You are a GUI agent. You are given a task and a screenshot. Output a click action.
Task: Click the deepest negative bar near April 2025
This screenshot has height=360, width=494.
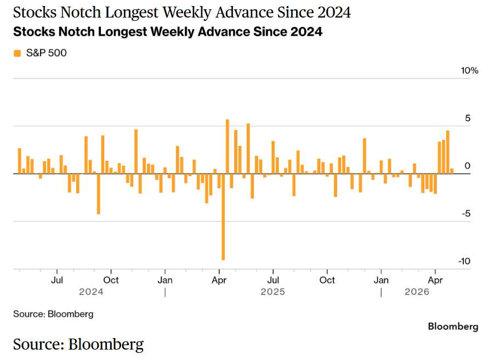pyautogui.click(x=223, y=217)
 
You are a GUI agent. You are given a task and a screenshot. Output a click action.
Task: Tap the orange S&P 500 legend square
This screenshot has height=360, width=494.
pyautogui.click(x=18, y=53)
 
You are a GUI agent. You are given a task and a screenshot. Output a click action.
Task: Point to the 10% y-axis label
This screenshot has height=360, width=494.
pyautogui.click(x=470, y=71)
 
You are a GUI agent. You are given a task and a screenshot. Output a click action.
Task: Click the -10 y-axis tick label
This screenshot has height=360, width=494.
pyautogui.click(x=464, y=261)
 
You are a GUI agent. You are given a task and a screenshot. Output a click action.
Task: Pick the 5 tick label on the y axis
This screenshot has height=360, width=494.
pyautogui.click(x=467, y=118)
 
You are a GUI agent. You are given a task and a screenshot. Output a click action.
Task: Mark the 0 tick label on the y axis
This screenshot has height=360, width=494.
pyautogui.click(x=467, y=166)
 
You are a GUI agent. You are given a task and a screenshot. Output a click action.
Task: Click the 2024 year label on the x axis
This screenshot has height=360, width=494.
pyautogui.click(x=91, y=292)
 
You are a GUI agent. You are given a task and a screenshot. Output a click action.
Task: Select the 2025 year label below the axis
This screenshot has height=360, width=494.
pyautogui.click(x=272, y=292)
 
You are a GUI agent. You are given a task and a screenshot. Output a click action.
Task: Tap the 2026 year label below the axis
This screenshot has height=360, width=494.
pyautogui.click(x=417, y=292)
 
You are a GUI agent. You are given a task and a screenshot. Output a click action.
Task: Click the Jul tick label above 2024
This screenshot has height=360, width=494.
pyautogui.click(x=57, y=280)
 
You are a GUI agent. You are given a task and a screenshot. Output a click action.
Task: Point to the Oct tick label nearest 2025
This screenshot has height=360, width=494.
pyautogui.click(x=327, y=280)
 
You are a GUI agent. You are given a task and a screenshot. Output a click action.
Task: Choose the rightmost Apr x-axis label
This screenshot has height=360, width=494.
pyautogui.click(x=435, y=280)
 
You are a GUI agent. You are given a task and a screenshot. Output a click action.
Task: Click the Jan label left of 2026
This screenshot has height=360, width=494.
pyautogui.click(x=381, y=280)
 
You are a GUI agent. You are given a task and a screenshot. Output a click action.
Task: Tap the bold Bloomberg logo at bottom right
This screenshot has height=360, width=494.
pyautogui.click(x=453, y=327)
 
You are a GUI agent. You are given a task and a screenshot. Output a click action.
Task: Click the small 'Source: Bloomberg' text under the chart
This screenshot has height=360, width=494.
pyautogui.click(x=53, y=314)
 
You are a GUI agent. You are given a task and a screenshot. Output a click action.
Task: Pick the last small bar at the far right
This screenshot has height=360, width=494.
pyautogui.click(x=452, y=171)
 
